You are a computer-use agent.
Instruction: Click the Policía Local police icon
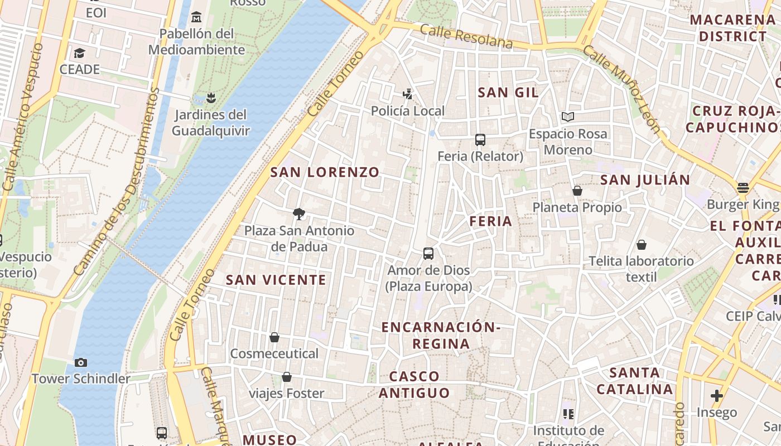tap(408, 94)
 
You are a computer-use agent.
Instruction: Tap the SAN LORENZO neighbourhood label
tap(325, 172)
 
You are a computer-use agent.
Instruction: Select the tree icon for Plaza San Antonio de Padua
tap(299, 214)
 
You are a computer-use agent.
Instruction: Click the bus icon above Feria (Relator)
tap(480, 140)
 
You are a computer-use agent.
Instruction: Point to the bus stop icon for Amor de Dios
tap(428, 254)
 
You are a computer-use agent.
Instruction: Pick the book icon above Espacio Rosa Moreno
tap(568, 117)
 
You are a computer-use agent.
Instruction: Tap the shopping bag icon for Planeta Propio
tap(577, 191)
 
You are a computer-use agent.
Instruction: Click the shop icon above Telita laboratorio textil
tap(642, 244)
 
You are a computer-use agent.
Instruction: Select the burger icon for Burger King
tap(743, 188)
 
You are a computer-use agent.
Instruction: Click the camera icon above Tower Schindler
tap(80, 362)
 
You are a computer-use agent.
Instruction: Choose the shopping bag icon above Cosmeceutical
tap(274, 337)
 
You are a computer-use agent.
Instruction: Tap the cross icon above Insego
tap(717, 396)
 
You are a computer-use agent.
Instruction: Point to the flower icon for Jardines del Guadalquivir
tap(210, 99)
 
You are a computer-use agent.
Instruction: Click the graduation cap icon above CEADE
tap(79, 53)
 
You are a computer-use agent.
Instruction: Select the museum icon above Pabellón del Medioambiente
tap(196, 17)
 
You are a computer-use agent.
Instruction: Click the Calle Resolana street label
tap(466, 36)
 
